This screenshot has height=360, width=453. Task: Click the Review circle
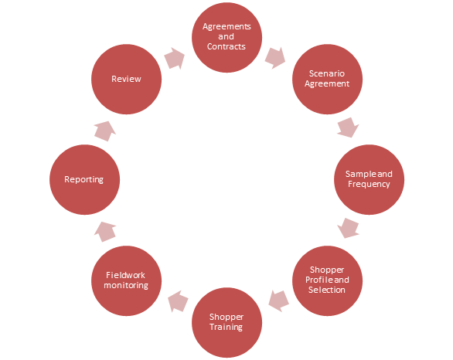126,79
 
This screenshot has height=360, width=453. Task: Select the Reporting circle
85,179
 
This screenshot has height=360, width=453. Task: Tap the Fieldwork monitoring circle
126,280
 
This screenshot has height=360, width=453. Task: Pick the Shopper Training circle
226,322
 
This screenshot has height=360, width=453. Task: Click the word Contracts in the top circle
226,46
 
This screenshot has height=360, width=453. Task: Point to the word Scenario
327,73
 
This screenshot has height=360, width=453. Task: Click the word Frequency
369,184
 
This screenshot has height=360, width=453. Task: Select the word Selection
327,290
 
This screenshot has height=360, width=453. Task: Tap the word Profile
315,280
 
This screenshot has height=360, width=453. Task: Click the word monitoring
126,286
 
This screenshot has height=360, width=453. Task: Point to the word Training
226,327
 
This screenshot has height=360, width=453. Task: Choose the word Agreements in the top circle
226,26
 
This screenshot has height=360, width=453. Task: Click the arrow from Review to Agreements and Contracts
175,58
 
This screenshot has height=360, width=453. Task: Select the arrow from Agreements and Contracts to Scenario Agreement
275,58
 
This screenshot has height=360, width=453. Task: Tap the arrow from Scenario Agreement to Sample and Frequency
348,127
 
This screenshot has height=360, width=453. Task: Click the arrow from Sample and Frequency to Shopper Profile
348,228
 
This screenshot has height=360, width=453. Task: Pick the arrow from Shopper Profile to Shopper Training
278,301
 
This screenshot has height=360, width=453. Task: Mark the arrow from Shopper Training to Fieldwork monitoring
178,301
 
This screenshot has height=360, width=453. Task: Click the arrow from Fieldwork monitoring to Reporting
105,232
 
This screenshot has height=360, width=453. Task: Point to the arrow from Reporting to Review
105,131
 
